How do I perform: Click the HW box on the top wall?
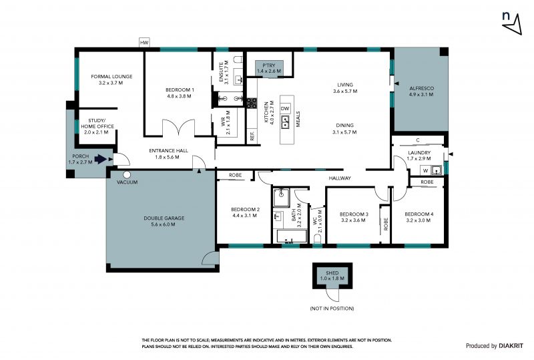[144, 43]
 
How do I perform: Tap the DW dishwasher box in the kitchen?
[285, 109]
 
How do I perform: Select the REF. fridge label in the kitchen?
[252, 136]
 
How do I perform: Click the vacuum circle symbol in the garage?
[127, 175]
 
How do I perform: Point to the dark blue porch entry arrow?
[101, 159]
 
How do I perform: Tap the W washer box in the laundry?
[426, 170]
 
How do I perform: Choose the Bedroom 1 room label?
[180, 93]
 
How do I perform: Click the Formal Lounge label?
[111, 79]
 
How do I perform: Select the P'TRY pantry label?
[269, 68]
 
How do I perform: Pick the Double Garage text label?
[164, 221]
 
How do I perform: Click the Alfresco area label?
[421, 92]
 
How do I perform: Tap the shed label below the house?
[332, 275]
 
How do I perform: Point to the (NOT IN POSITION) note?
[332, 309]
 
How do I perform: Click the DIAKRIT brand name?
[511, 346]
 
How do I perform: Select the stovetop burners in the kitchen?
[252, 103]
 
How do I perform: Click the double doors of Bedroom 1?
[178, 128]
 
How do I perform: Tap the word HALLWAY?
[340, 178]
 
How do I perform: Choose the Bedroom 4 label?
[419, 217]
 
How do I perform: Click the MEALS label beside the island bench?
[298, 119]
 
